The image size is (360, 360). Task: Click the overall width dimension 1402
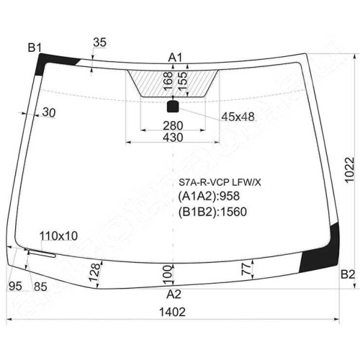(172, 312)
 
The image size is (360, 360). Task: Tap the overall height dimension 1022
(349, 170)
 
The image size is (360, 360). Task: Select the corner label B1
(35, 48)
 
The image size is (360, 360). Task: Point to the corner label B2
(348, 274)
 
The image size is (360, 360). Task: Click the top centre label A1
(175, 58)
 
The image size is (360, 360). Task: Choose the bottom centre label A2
(174, 294)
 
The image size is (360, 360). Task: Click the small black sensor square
(173, 107)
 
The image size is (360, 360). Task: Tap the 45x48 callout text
(238, 117)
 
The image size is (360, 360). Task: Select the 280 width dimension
(173, 125)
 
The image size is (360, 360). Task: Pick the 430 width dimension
(173, 138)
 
